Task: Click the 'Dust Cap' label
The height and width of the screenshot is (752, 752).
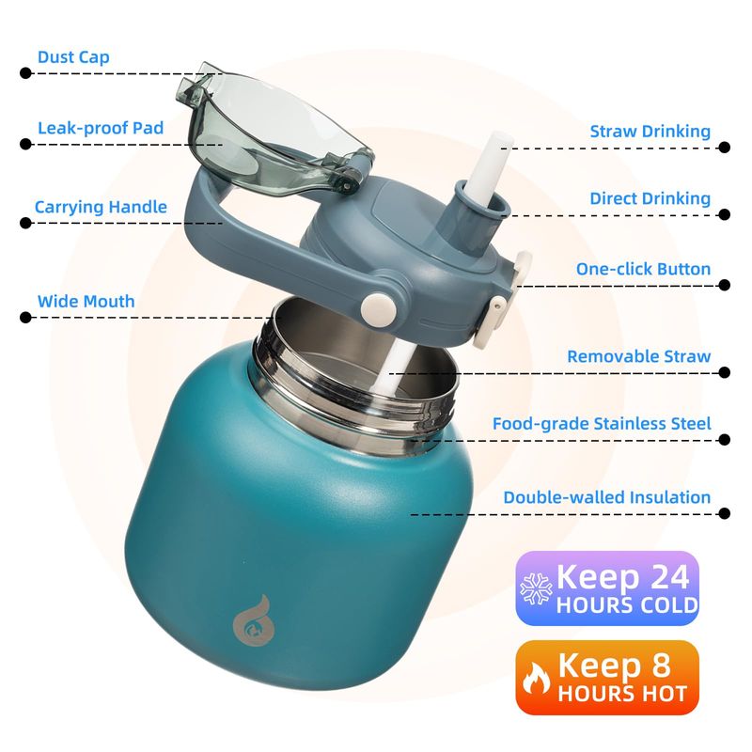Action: pyautogui.click(x=73, y=57)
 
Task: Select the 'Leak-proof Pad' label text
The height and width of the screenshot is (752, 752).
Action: pyautogui.click(x=101, y=128)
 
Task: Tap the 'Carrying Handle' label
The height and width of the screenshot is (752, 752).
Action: pyautogui.click(x=101, y=207)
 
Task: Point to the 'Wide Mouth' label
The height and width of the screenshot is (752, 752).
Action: pyautogui.click(x=86, y=301)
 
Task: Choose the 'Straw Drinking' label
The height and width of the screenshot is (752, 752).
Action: pyautogui.click(x=650, y=132)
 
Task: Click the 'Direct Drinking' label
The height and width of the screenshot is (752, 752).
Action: pyautogui.click(x=650, y=198)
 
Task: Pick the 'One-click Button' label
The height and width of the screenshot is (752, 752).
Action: pyautogui.click(x=643, y=269)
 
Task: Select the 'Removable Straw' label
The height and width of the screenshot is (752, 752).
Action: pyautogui.click(x=639, y=356)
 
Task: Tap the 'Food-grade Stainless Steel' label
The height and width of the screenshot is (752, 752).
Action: pyautogui.click(x=602, y=424)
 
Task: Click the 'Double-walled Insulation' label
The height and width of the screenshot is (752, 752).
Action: pyautogui.click(x=606, y=497)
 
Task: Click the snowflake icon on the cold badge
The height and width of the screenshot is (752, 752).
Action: pyautogui.click(x=536, y=588)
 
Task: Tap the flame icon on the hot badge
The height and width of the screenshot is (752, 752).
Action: pyautogui.click(x=536, y=678)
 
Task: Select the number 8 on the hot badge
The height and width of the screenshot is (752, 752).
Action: pyautogui.click(x=661, y=666)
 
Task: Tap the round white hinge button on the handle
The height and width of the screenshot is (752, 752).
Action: pyautogui.click(x=379, y=308)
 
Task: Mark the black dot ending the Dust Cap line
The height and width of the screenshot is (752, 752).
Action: pyautogui.click(x=25, y=73)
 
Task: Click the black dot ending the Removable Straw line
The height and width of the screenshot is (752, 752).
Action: pyautogui.click(x=724, y=372)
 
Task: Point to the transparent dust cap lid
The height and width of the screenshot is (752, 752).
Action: pyautogui.click(x=274, y=130)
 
